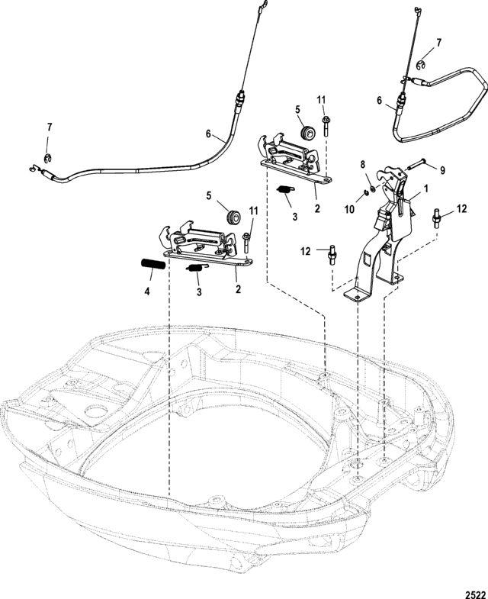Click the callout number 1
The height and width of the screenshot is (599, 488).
(425, 186)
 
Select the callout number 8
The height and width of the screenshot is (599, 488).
(363, 164)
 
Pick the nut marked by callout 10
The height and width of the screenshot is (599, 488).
(366, 192)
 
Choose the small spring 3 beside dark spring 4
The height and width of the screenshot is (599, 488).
(196, 269)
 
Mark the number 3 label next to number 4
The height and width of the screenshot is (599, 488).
(197, 291)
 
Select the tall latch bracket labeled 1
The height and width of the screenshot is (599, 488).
(381, 237)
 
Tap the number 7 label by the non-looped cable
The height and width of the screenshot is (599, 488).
(50, 125)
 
